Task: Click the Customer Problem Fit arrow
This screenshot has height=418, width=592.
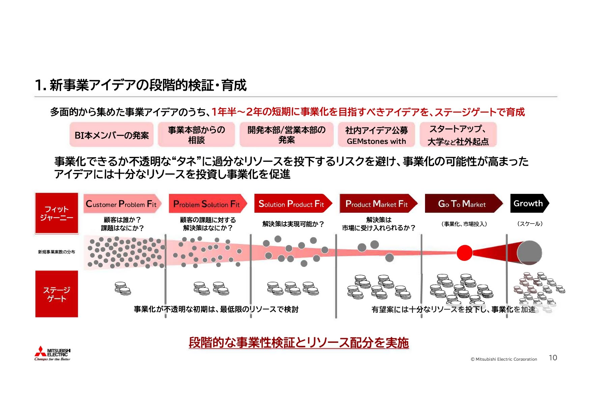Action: [x=122, y=204]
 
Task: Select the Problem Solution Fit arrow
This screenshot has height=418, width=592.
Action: [x=207, y=204]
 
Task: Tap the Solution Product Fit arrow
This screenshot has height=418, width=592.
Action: [x=292, y=204]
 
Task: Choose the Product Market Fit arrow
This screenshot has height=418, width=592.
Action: [x=377, y=204]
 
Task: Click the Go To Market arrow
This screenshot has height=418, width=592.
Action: [x=462, y=204]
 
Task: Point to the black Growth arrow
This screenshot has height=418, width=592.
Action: [x=529, y=203]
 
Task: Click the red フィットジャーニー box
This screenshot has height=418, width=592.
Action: [x=57, y=213]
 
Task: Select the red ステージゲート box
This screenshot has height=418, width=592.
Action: [x=57, y=294]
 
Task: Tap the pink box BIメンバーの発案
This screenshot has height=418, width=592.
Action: [x=112, y=135]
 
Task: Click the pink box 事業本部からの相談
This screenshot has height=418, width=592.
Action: [x=196, y=135]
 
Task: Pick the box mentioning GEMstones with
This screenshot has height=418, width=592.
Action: [x=376, y=135]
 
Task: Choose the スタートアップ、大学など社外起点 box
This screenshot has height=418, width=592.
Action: [x=458, y=135]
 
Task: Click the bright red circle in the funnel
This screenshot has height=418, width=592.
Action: [x=464, y=253]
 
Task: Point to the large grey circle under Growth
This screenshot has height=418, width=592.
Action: [x=529, y=252]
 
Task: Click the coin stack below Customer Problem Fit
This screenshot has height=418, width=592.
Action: [x=123, y=289]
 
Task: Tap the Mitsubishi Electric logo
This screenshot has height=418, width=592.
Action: [x=53, y=353]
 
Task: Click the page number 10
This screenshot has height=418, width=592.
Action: [x=553, y=358]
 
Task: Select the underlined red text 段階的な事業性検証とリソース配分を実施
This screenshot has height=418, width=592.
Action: [x=299, y=342]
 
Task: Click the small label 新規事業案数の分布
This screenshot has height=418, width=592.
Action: [x=57, y=252]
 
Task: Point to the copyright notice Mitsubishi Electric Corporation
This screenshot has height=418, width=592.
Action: [x=504, y=359]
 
